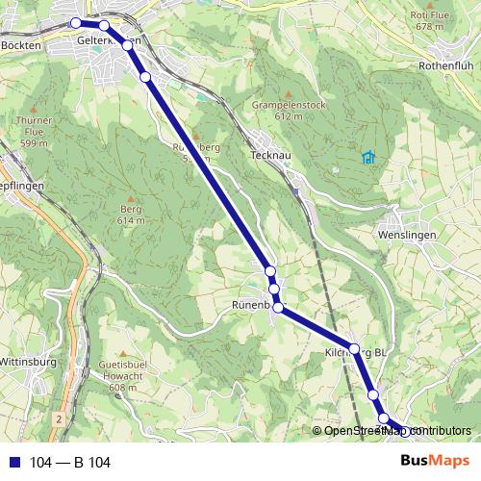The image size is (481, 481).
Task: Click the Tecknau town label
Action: pyautogui.click(x=268, y=154)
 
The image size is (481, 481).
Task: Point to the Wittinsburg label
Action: pyautogui.click(x=28, y=362)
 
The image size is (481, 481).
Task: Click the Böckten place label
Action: pyautogui.click(x=21, y=45)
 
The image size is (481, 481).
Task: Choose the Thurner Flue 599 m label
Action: pyautogui.click(x=34, y=131)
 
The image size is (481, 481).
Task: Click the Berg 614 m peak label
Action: pyautogui.click(x=131, y=215)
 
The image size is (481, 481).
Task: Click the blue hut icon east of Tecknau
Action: pyautogui.click(x=367, y=157)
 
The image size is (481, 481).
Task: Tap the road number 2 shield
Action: pyautogui.click(x=58, y=420)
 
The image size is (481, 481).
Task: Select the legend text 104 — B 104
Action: pyautogui.click(x=70, y=463)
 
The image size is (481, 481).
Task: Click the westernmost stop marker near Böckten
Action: pyautogui.click(x=75, y=22)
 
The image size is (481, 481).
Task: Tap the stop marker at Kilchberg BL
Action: pyautogui.click(x=354, y=348)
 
